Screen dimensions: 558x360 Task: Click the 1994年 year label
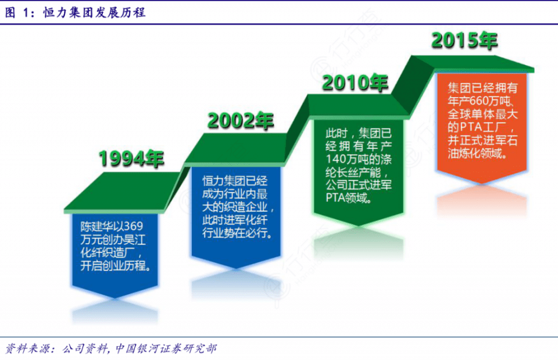[x=131, y=158]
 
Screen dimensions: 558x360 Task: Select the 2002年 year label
[x=241, y=121]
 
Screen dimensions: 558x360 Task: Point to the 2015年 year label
[x=464, y=40]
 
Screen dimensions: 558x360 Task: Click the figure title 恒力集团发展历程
[x=94, y=12]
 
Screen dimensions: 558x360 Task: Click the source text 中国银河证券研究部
[x=166, y=348]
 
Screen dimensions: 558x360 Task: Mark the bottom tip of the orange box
[x=482, y=184]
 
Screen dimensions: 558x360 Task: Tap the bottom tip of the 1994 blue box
[x=115, y=298]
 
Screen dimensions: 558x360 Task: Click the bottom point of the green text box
[x=359, y=226]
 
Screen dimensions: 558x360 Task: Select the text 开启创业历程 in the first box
[x=112, y=266]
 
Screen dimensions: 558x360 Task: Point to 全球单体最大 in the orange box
[x=482, y=115]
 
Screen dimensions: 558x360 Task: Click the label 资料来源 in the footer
[x=27, y=348]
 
